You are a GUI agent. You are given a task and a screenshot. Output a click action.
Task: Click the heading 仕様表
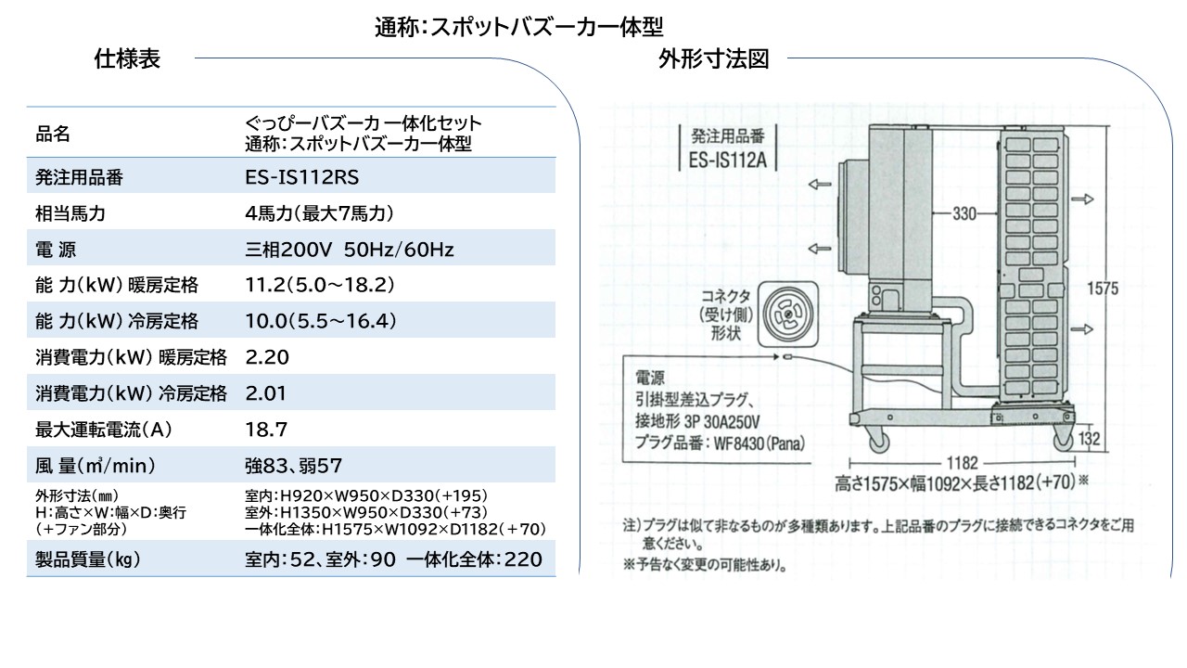(x=127, y=58)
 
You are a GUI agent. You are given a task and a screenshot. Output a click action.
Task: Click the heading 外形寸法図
(x=713, y=58)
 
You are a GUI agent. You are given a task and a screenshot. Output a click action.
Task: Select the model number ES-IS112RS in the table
(x=301, y=177)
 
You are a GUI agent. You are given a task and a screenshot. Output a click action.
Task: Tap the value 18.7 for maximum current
(x=266, y=429)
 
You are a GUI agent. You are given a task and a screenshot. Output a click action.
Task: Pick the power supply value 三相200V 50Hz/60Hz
(x=350, y=250)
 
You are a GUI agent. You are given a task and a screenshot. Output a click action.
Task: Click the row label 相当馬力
(x=70, y=213)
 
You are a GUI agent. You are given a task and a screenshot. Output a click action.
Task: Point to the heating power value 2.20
(x=267, y=357)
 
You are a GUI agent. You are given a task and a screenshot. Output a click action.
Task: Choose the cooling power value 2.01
(x=265, y=392)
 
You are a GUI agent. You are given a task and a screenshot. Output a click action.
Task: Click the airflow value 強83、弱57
(x=294, y=466)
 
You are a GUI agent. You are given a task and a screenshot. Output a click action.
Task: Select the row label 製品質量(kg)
(x=87, y=559)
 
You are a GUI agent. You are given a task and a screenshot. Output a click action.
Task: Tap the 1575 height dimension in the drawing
(x=1103, y=289)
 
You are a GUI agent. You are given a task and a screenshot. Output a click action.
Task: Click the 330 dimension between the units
(x=964, y=213)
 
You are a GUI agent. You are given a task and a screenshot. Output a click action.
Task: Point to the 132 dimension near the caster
(x=1090, y=439)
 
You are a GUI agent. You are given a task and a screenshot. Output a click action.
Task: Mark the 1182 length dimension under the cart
(x=962, y=463)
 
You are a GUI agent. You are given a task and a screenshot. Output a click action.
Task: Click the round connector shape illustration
(x=788, y=315)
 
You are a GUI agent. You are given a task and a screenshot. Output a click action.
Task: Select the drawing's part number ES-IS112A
(x=728, y=160)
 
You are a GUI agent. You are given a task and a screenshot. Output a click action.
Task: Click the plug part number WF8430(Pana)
(x=759, y=443)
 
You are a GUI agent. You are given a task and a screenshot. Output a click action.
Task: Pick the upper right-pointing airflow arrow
(x=1082, y=199)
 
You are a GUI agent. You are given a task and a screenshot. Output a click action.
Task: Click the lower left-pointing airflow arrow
(x=819, y=249)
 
